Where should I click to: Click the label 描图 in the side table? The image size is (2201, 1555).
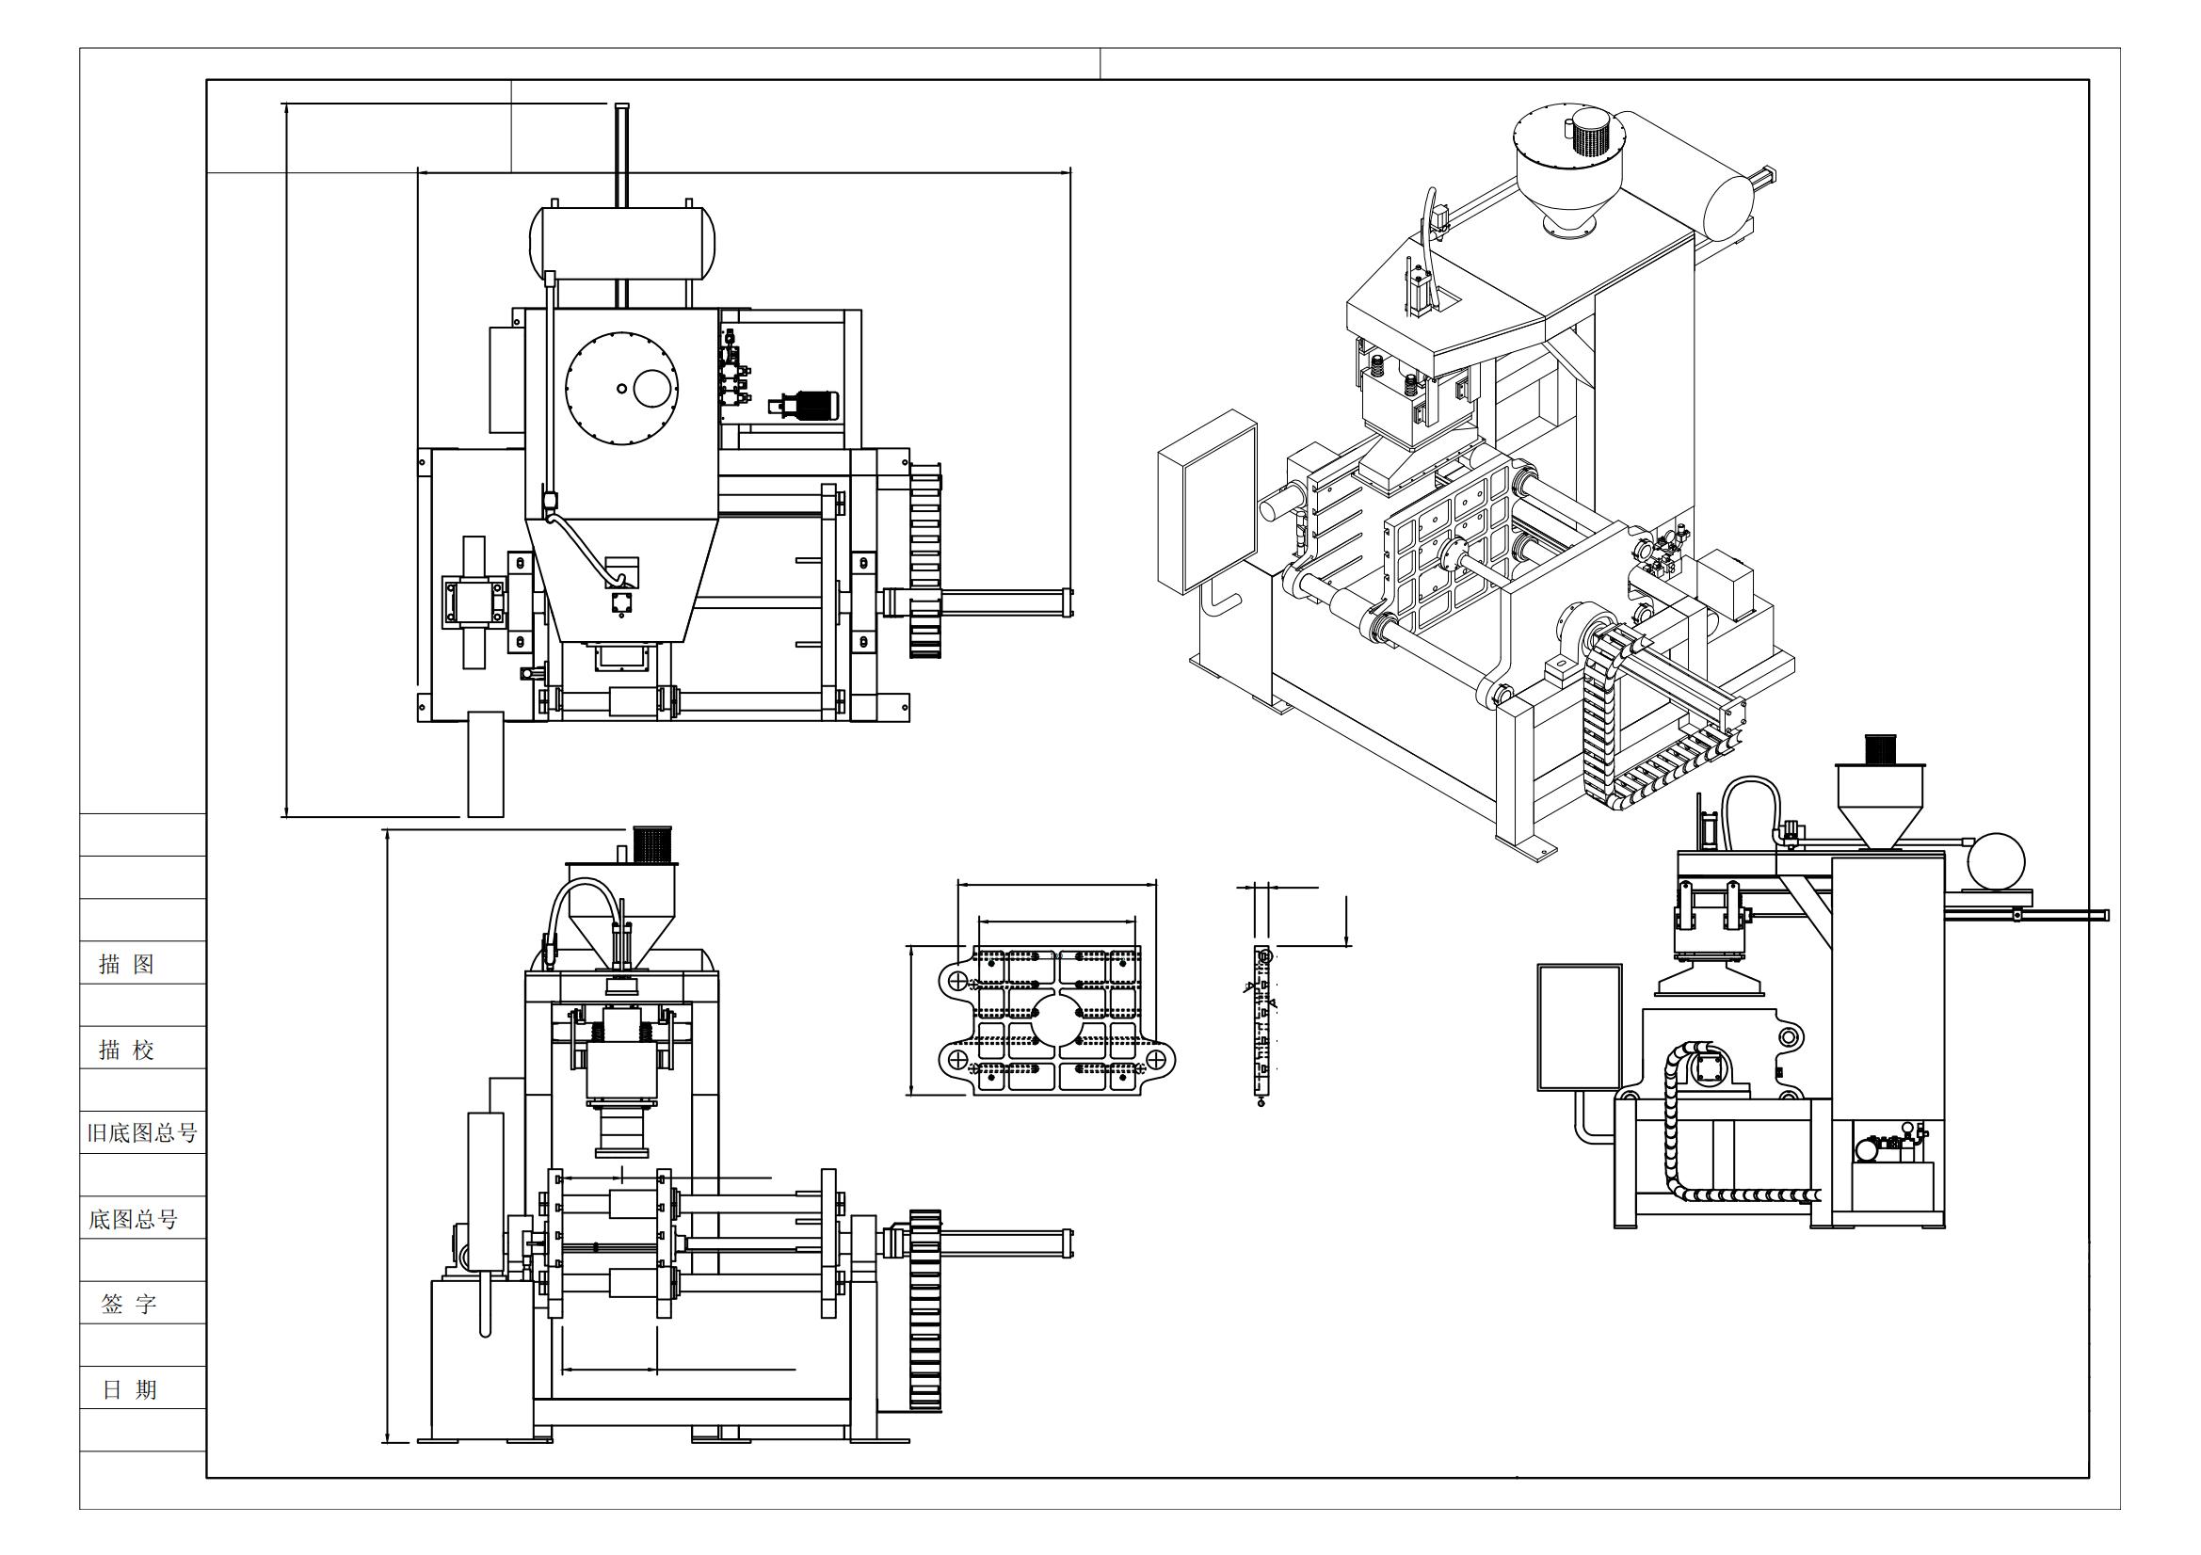tap(126, 964)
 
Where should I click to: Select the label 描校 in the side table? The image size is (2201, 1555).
tap(126, 1049)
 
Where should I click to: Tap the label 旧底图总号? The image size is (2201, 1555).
tap(142, 1133)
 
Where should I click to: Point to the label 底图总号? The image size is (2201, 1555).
tap(134, 1219)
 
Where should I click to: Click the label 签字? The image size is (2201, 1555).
tap(128, 1304)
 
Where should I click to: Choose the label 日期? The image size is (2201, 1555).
tap(129, 1389)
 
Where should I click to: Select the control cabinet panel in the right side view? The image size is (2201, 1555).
tap(1580, 1027)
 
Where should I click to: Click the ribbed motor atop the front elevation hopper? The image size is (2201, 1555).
tap(652, 843)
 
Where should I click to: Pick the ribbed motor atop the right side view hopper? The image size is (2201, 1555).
tap(1880, 747)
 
